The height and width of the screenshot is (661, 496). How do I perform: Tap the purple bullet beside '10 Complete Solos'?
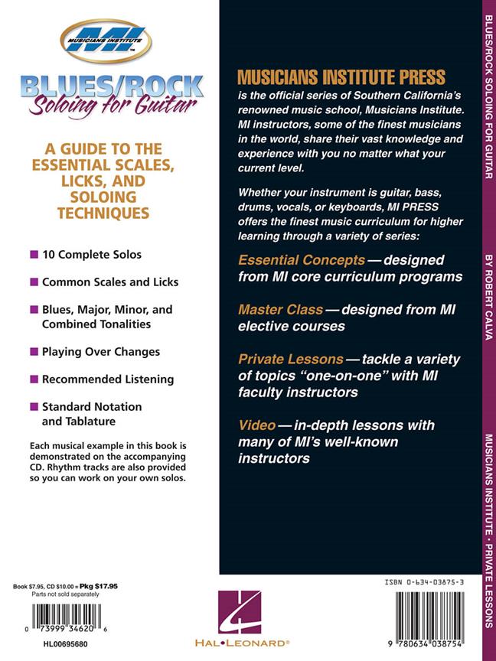point(34,254)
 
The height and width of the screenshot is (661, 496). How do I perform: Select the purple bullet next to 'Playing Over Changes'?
point(34,352)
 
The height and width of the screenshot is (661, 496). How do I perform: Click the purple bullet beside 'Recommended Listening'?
point(34,379)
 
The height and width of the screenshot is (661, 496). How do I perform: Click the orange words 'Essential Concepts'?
point(290,259)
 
